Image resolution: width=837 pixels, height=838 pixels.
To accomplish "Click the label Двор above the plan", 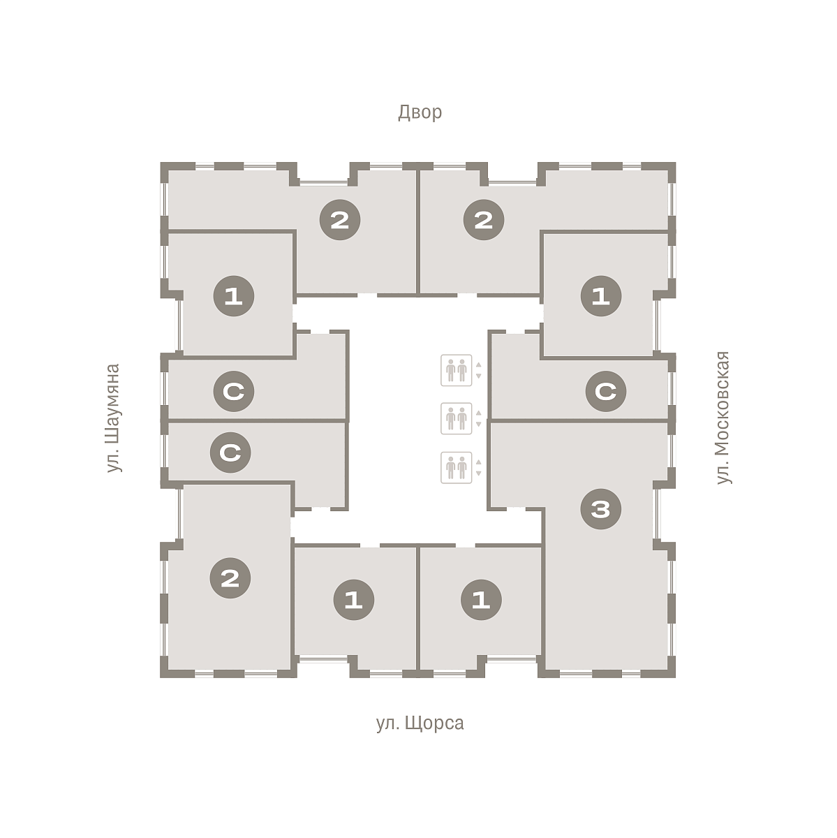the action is click(x=420, y=112).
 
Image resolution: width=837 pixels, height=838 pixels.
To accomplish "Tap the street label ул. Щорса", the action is click(x=420, y=723).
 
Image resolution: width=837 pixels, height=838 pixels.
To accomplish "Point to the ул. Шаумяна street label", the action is click(x=114, y=418).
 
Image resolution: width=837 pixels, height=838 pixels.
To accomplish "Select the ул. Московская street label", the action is click(x=723, y=418).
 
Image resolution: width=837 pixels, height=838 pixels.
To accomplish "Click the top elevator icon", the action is click(x=456, y=370).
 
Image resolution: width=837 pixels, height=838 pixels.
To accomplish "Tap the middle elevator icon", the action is click(x=456, y=418).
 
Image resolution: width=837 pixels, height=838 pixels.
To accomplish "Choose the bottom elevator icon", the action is click(x=456, y=467).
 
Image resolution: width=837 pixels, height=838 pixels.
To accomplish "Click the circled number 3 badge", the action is click(x=601, y=509).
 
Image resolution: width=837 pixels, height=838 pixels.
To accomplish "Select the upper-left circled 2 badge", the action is click(x=340, y=219).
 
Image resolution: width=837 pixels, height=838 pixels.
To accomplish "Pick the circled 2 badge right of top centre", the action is click(x=484, y=219).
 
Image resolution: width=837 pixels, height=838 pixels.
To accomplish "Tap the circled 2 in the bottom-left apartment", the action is click(x=230, y=578).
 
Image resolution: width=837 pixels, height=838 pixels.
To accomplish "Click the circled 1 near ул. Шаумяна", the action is click(x=233, y=296).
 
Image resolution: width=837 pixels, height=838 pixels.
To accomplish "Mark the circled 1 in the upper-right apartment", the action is click(x=601, y=296).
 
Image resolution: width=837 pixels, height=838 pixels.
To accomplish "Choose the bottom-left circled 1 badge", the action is click(x=354, y=600).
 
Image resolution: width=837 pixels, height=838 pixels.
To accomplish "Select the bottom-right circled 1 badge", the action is click(x=482, y=600).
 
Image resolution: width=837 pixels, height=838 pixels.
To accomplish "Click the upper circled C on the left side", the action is click(x=233, y=391).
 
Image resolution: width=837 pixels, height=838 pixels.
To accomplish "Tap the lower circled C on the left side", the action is click(x=230, y=453).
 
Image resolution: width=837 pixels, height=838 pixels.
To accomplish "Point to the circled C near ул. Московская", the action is click(x=606, y=391).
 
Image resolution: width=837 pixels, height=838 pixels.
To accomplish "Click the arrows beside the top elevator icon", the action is click(x=479, y=371).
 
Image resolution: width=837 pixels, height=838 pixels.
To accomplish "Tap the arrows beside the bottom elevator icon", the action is click(x=479, y=467).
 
